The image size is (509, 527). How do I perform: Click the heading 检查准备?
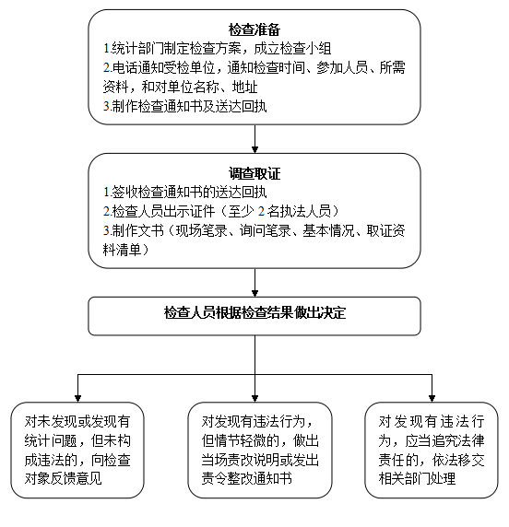click(254, 29)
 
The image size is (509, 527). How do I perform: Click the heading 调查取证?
click(254, 173)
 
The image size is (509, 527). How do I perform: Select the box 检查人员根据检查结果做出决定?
click(254, 316)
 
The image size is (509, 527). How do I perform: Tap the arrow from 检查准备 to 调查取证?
click(254, 139)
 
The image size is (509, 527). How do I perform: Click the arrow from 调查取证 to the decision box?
click(254, 282)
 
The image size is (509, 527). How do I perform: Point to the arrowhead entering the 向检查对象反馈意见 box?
click(77, 399)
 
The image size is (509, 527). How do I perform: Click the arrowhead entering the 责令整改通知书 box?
click(254, 399)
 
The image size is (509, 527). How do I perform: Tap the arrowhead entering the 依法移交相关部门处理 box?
click(432, 399)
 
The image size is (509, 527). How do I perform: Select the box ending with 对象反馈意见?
click(77, 450)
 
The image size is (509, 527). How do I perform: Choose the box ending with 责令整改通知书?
click(260, 450)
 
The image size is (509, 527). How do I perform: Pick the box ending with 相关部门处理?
click(432, 450)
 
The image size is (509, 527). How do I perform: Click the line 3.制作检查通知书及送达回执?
click(184, 106)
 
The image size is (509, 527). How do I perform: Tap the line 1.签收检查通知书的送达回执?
click(184, 193)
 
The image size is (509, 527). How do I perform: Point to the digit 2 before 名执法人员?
click(261, 211)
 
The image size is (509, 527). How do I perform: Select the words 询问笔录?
click(265, 230)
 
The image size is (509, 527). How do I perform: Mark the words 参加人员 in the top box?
click(342, 68)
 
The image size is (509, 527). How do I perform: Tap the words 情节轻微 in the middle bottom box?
click(241, 440)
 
